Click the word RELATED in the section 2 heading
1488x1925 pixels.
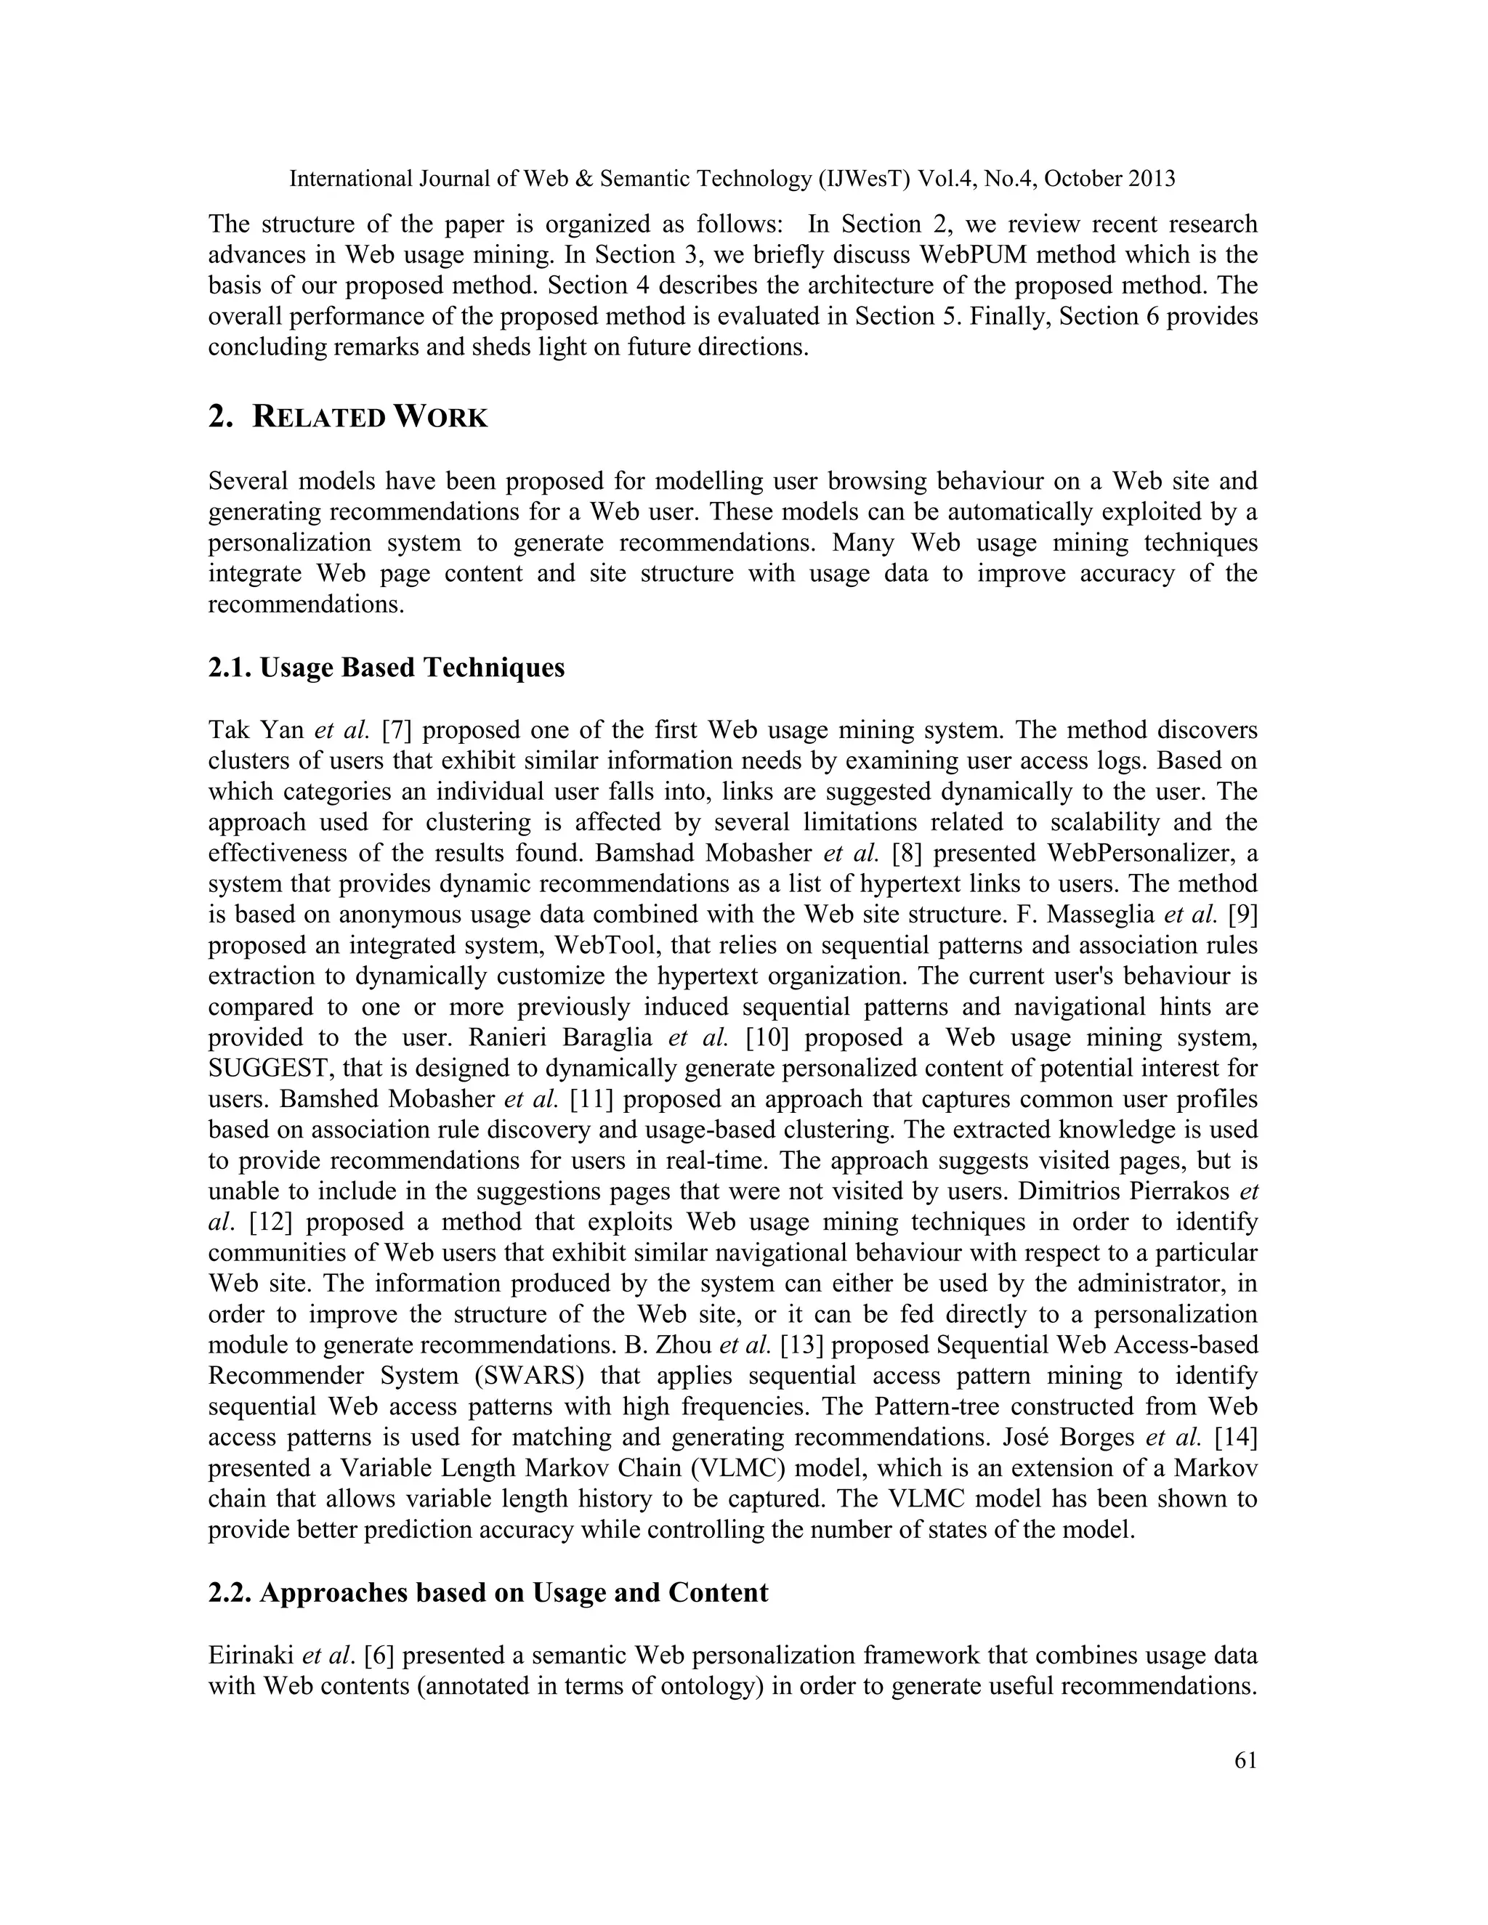319,417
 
